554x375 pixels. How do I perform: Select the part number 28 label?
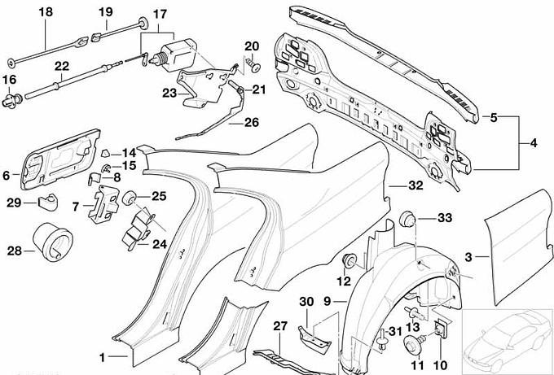point(15,251)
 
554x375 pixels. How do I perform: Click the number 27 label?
point(280,327)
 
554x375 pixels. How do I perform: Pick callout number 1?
point(102,356)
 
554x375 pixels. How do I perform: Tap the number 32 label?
point(416,185)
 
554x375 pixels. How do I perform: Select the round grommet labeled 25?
point(128,197)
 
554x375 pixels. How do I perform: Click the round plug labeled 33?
point(411,220)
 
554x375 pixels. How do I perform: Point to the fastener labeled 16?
point(12,101)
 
